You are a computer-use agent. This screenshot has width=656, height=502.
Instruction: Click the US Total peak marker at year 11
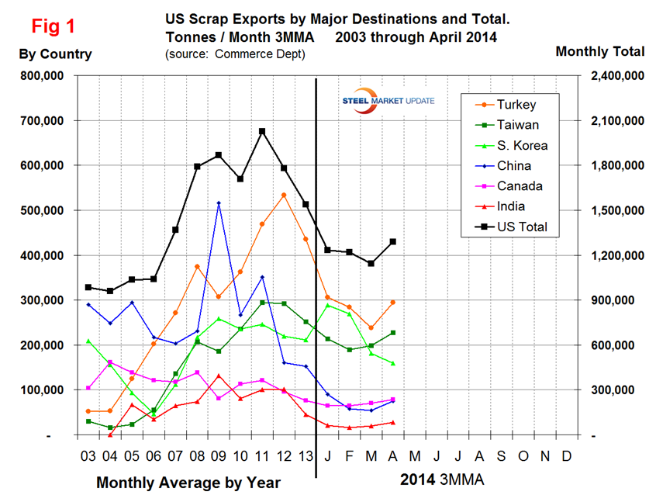(262, 131)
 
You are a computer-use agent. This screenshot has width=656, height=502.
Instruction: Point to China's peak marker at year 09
(219, 203)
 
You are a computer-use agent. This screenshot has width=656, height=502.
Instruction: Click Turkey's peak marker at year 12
(284, 195)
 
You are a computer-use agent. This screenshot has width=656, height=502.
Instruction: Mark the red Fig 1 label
(53, 26)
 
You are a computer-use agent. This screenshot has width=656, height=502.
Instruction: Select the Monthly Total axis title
(600, 51)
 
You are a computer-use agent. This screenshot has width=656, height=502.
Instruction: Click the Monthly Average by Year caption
(188, 483)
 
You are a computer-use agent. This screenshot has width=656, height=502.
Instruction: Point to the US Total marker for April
(393, 241)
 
